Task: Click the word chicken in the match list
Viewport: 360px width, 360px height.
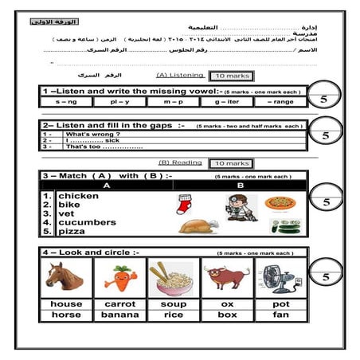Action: click(77, 196)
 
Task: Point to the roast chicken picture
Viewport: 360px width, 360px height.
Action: click(197, 225)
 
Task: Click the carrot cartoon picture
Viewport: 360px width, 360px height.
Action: click(119, 277)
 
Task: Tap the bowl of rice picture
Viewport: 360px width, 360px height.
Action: click(173, 277)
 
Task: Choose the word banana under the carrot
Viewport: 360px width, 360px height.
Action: click(119, 315)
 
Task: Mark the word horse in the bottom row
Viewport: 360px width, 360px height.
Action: click(66, 315)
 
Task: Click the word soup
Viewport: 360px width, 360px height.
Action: click(173, 304)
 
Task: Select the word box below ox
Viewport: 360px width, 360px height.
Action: click(226, 315)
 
